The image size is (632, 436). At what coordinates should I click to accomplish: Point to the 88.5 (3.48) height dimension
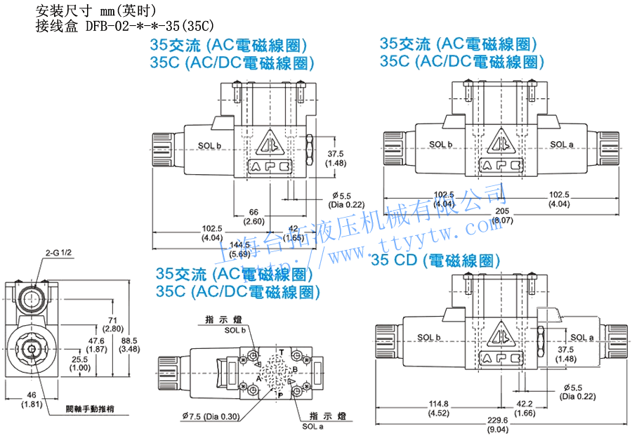pyautogui.click(x=130, y=345)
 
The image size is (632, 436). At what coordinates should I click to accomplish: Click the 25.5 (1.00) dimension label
pyautogui.click(x=80, y=363)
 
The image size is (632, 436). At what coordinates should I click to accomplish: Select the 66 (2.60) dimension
pyautogui.click(x=255, y=217)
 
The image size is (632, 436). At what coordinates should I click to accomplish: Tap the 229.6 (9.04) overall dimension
pyautogui.click(x=499, y=425)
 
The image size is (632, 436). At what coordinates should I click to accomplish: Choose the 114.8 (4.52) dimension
pyautogui.click(x=437, y=408)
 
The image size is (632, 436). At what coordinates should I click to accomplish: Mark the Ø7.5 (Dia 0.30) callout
pyautogui.click(x=211, y=416)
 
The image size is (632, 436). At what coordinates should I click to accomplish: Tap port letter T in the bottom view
pyautogui.click(x=282, y=351)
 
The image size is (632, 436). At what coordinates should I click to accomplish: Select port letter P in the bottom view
pyautogui.click(x=282, y=395)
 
